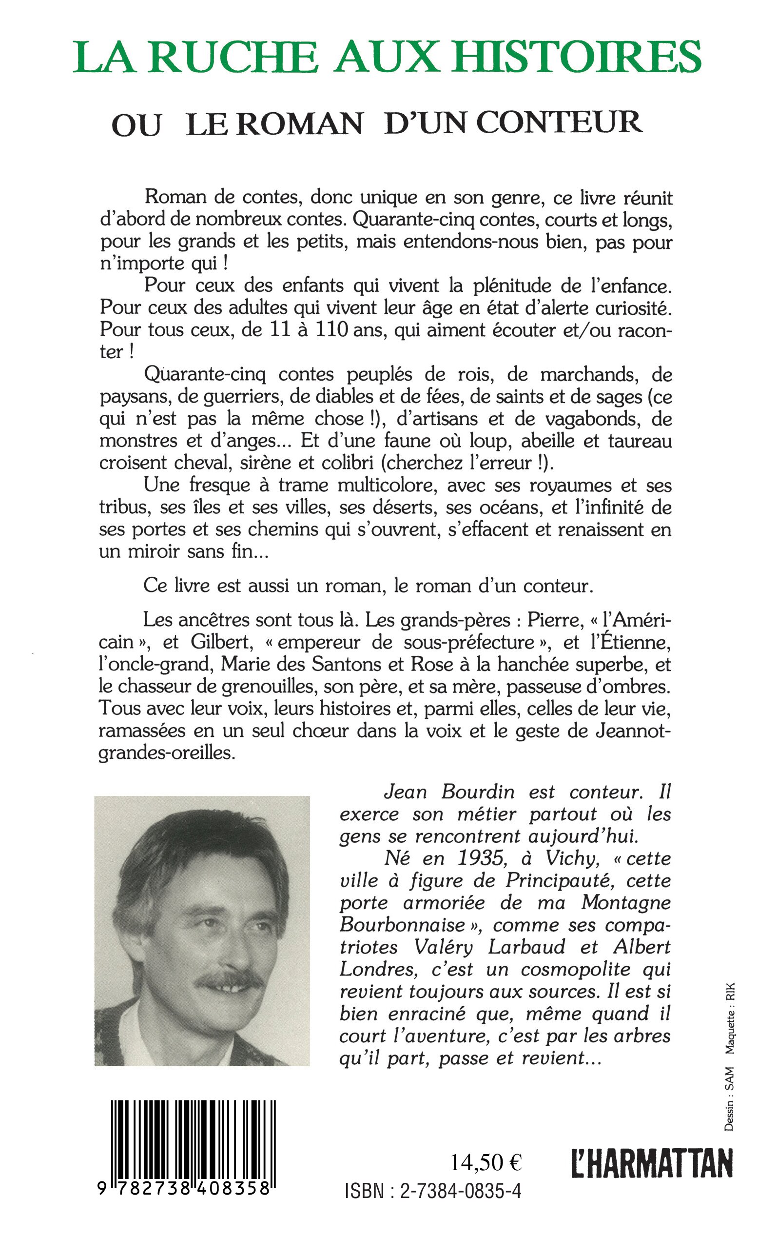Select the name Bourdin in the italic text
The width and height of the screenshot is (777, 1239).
[478, 792]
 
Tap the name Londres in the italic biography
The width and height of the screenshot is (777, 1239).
[374, 970]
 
